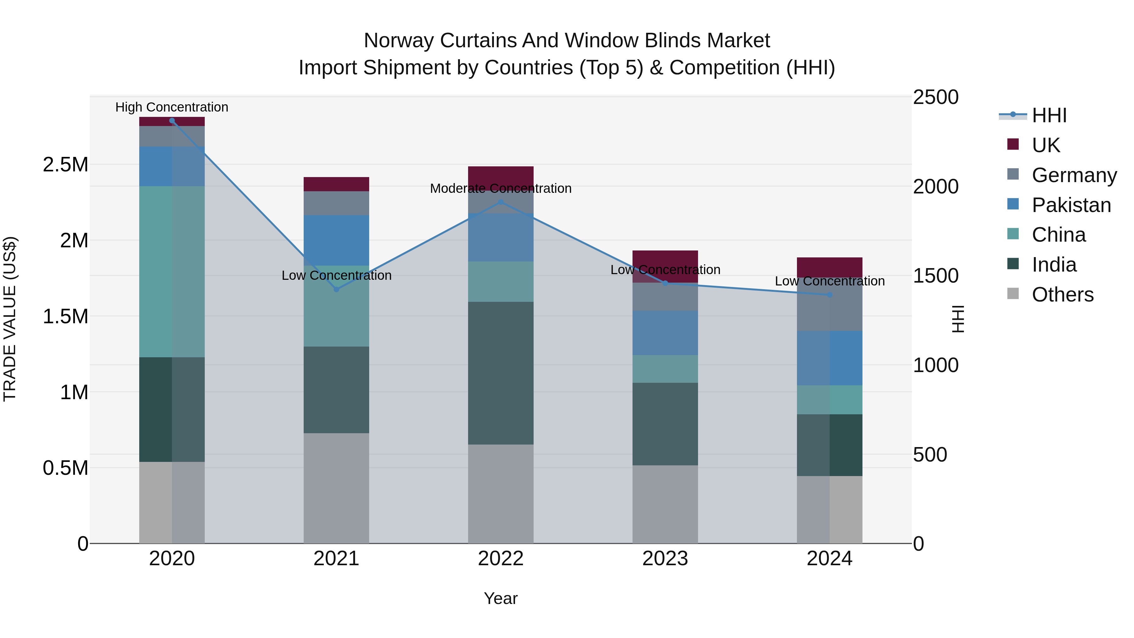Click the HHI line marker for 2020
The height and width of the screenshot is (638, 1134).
pos(172,121)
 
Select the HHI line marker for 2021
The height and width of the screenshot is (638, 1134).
pos(336,289)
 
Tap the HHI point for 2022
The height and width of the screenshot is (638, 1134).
pos(501,202)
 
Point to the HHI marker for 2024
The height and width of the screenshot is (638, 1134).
pos(829,295)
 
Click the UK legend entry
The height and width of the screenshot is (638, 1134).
pos(1045,145)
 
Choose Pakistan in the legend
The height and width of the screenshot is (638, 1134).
pos(1071,205)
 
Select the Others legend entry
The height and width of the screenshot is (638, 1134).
pos(1062,295)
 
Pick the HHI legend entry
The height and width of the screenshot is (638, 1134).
pos(1049,115)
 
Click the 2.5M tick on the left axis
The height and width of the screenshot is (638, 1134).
pos(66,165)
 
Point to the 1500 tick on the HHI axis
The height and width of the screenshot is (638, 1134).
pos(936,276)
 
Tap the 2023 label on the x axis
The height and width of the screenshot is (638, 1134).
pos(665,559)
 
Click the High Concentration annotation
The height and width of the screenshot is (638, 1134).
pos(172,107)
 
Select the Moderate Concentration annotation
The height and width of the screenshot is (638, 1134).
pos(501,188)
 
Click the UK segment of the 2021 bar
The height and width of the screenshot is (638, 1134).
pos(336,184)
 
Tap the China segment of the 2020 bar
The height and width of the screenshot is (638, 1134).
pos(172,271)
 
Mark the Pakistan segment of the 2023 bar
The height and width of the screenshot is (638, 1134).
pos(665,333)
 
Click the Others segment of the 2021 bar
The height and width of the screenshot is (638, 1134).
pos(336,488)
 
